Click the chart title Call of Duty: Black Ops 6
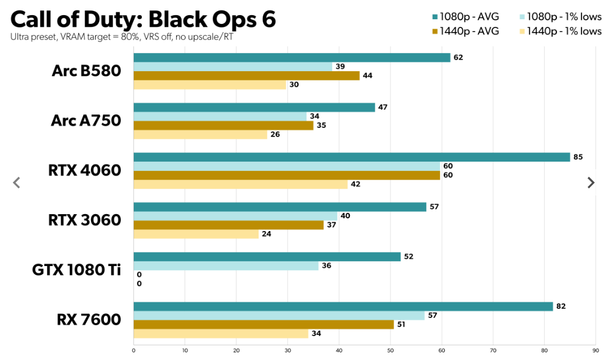point(143,19)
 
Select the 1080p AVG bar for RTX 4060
point(351,157)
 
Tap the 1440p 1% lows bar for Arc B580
point(210,85)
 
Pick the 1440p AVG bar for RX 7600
point(263,324)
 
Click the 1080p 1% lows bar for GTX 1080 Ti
point(226,265)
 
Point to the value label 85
point(578,157)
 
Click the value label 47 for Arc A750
point(383,107)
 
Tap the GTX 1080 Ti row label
point(76,270)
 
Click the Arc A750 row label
point(86,121)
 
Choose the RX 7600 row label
point(89,320)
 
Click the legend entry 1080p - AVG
point(465,17)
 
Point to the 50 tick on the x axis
point(390,351)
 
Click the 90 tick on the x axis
point(595,351)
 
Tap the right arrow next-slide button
point(591,183)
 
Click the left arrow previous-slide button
point(16,183)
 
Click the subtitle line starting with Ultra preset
point(123,37)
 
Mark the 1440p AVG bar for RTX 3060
point(228,225)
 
